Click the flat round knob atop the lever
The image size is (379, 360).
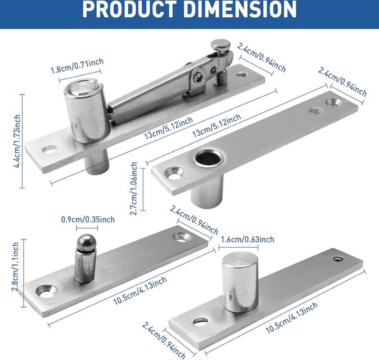pyautogui.click(x=219, y=47)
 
